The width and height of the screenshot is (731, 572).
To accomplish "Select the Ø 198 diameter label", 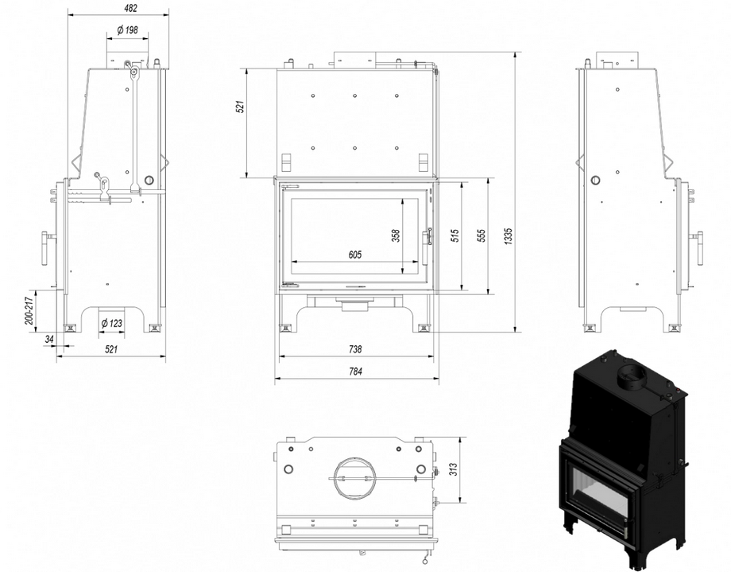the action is click(128, 30).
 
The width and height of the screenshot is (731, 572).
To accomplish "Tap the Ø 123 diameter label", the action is click(112, 323).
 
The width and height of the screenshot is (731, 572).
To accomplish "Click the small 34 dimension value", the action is click(49, 339).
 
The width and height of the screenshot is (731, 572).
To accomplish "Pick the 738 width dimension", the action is click(355, 348).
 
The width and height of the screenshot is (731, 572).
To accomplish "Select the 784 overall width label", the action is click(355, 372).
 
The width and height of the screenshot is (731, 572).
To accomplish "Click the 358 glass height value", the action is click(396, 235).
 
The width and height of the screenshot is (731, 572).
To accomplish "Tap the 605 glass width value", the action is click(355, 255).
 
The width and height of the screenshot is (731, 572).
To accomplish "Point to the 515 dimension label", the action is click(455, 235).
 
